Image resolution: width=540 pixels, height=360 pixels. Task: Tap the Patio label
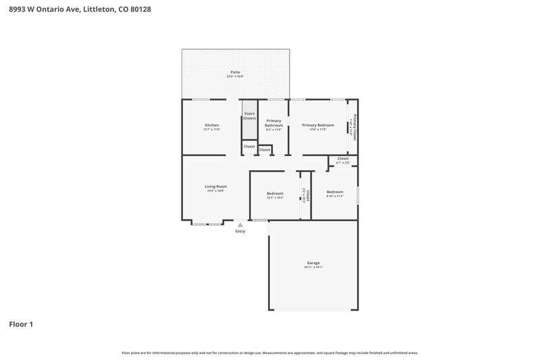[x=235, y=72]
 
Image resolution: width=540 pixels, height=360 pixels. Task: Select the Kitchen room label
[x=211, y=125]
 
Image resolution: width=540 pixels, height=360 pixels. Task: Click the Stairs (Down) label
[x=249, y=115]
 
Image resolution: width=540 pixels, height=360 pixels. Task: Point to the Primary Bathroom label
[x=273, y=123]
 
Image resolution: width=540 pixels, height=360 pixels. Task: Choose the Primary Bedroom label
[x=317, y=125]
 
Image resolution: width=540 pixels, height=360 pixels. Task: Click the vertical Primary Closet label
[x=354, y=128]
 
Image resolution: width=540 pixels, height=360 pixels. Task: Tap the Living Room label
[x=215, y=186]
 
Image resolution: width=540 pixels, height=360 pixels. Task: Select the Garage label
[x=313, y=263]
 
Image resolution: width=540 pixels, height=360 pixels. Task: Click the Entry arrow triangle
[x=240, y=225]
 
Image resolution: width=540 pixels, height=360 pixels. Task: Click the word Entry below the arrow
[x=240, y=232]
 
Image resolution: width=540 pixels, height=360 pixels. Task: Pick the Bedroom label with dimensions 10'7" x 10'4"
[x=275, y=194]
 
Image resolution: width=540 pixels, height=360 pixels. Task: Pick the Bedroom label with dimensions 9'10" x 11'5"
[x=335, y=192]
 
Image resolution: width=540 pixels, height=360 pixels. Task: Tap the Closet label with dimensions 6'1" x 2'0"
[x=343, y=159]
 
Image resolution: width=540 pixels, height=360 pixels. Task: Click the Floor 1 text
[x=21, y=324]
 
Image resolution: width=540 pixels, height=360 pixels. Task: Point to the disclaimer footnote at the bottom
[x=269, y=353]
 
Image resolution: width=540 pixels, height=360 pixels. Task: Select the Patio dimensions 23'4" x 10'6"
[x=235, y=77]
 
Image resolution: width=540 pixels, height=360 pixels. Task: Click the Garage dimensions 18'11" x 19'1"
[x=313, y=267]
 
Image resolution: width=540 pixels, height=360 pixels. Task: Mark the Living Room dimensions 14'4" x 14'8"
[x=215, y=191]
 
